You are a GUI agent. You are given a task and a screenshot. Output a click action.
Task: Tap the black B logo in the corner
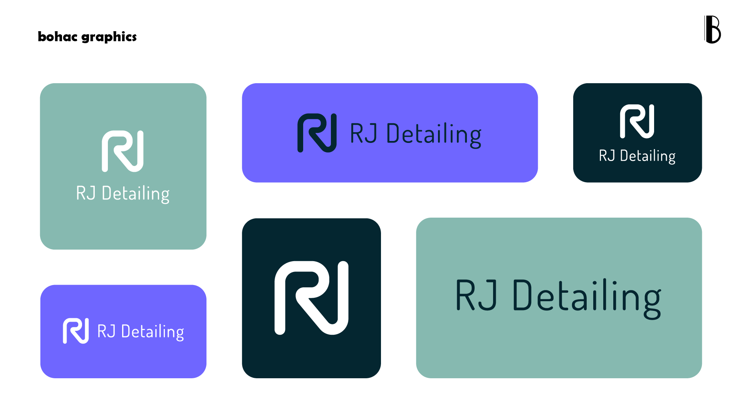tap(713, 30)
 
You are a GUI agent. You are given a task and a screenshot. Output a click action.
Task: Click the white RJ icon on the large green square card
tap(122, 151)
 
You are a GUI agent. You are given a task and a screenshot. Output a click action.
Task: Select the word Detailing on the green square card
tap(136, 193)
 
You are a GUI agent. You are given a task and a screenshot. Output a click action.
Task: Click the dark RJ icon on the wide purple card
tap(317, 133)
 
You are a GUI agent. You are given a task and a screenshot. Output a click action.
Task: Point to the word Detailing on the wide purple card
tap(434, 134)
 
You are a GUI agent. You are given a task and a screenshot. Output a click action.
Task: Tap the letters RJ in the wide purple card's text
tap(363, 133)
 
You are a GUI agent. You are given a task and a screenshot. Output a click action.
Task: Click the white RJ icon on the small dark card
tap(637, 121)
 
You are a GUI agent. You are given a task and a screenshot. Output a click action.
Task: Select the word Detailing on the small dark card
tap(648, 156)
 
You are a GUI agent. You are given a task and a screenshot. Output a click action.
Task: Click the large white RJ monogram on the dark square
tap(311, 298)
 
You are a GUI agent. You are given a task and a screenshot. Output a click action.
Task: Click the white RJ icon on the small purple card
tap(76, 330)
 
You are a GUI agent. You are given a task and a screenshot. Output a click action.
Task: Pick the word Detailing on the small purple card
tap(153, 332)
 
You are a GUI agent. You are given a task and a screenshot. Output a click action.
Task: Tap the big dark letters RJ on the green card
tap(476, 295)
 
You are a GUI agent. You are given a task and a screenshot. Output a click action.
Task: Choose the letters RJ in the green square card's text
tap(86, 193)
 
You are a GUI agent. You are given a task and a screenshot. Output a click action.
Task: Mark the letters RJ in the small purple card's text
tap(106, 331)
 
